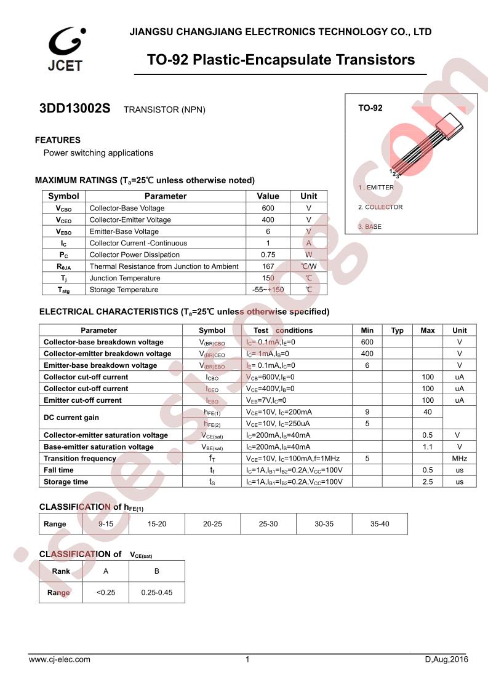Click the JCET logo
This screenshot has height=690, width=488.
click(x=65, y=49)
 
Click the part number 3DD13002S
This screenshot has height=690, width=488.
click(x=74, y=109)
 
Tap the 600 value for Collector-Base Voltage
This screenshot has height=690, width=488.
click(x=268, y=208)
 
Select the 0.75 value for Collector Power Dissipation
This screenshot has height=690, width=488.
click(x=268, y=255)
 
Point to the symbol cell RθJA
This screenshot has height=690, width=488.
click(x=63, y=266)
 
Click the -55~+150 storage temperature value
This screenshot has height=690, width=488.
click(x=268, y=290)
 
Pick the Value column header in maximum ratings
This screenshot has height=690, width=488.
click(x=268, y=196)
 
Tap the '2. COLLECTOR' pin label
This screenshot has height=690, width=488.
click(x=380, y=207)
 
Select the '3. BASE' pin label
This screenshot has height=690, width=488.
click(x=370, y=227)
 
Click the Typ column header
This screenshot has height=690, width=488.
click(x=397, y=330)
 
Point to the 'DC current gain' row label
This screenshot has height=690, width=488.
click(x=71, y=418)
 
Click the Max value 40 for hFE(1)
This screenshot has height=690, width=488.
click(x=428, y=412)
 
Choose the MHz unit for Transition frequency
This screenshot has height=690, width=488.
click(x=459, y=459)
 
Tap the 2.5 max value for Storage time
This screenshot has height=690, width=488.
click(x=428, y=482)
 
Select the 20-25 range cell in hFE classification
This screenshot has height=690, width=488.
click(x=212, y=524)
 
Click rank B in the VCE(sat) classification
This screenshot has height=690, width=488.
click(x=156, y=571)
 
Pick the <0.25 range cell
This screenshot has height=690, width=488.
click(x=106, y=593)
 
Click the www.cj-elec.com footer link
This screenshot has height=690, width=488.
click(x=60, y=660)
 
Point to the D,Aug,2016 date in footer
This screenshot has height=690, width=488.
click(x=446, y=660)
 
